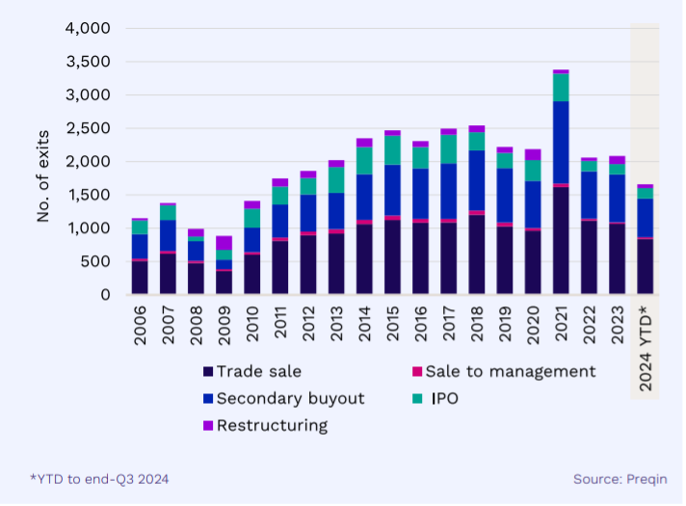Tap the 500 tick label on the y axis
(x=97, y=261)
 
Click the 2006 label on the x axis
(x=140, y=327)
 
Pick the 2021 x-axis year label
(x=560, y=327)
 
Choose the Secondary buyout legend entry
(x=290, y=398)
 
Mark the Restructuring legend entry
(x=272, y=425)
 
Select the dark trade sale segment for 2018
(x=476, y=254)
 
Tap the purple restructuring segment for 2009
(x=224, y=243)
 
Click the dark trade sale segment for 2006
(x=140, y=278)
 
